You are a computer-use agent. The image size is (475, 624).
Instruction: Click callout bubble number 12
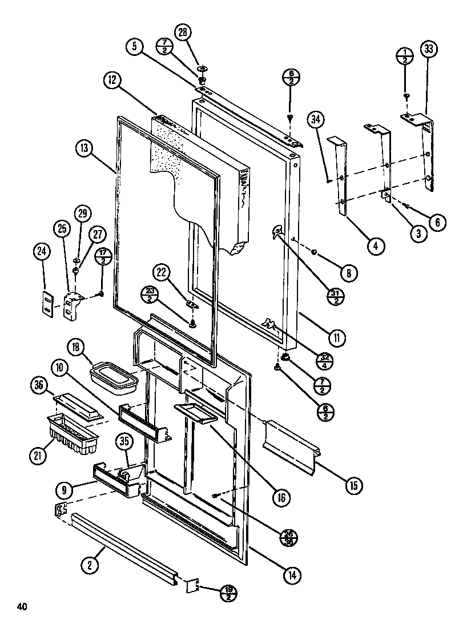tap(111, 81)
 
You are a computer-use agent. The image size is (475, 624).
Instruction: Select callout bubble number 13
tap(84, 148)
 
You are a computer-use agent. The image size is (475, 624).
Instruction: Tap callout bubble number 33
tap(429, 49)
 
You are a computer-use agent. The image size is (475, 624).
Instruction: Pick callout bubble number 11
tap(337, 338)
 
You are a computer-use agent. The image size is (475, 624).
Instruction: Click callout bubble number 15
tap(354, 486)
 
